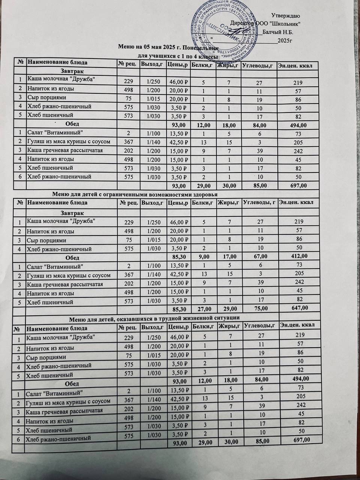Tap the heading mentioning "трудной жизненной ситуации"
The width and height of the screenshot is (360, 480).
155,318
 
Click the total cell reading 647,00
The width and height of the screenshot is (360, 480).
297,308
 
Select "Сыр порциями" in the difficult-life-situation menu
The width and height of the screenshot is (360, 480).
46,357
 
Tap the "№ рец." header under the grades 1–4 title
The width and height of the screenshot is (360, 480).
127,64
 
